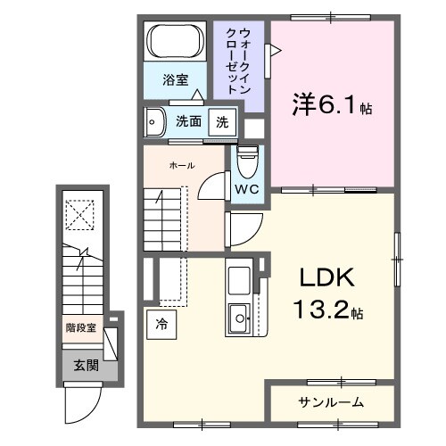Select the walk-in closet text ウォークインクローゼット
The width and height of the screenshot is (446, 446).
pyautogui.click(x=238, y=62)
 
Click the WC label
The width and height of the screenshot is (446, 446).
pyautogui.click(x=247, y=189)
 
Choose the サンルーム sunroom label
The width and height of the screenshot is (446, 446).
pyautogui.click(x=330, y=402)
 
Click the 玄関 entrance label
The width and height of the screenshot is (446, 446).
pyautogui.click(x=86, y=364)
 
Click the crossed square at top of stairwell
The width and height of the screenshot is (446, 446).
pyautogui.click(x=80, y=213)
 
